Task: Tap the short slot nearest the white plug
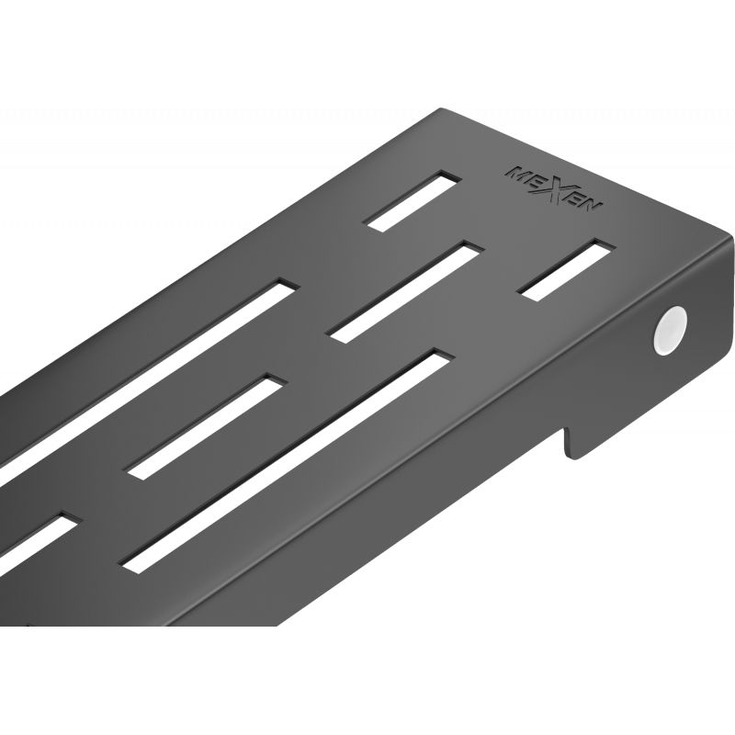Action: point(567,268)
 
